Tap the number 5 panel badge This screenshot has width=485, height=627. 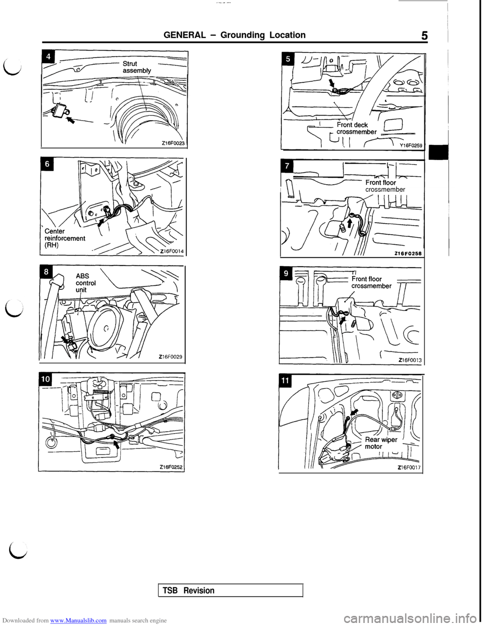pos(288,59)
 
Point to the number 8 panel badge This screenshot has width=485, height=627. pos(45,272)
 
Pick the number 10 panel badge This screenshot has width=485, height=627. pos(45,379)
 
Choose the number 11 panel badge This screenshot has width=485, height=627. pos(286,381)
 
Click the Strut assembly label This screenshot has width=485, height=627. pos(136,67)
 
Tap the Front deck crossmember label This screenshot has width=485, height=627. pos(356,128)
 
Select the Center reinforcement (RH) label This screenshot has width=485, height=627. pos(65,238)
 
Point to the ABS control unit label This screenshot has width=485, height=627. pos(85,283)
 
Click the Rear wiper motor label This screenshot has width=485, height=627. pos(380,443)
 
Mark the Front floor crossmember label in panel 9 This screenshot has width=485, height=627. pos(371,282)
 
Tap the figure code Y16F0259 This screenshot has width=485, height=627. pos(411,145)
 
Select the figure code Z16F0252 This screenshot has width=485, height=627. pos(171,467)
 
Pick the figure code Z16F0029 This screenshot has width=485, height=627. pos(171,357)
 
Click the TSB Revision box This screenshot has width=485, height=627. pos(230,590)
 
